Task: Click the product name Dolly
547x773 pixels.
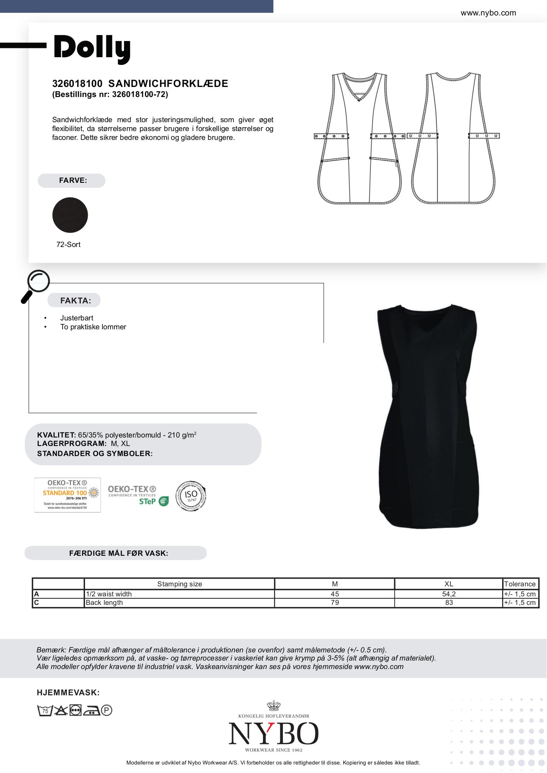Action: (x=92, y=48)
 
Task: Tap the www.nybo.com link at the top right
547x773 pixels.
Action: (x=488, y=13)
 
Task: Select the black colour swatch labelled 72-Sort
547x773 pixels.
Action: (x=70, y=215)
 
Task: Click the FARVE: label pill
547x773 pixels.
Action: (x=72, y=180)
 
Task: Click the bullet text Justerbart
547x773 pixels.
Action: (x=77, y=318)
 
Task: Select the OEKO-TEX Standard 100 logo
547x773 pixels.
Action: (x=67, y=495)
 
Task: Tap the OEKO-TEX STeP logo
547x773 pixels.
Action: (x=138, y=495)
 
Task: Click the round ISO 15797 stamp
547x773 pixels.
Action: (x=191, y=496)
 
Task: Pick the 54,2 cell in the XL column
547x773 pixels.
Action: (x=448, y=594)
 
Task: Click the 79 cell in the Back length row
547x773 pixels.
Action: (x=335, y=603)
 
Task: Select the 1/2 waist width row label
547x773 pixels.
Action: (x=109, y=594)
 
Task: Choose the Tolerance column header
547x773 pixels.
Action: (x=520, y=584)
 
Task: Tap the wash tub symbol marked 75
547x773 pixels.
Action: (x=45, y=710)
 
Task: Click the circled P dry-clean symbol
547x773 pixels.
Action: (x=106, y=710)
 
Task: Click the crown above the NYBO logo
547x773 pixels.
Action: (x=273, y=705)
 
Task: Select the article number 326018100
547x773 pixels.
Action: (x=77, y=83)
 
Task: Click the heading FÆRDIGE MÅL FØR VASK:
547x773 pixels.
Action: (x=118, y=553)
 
